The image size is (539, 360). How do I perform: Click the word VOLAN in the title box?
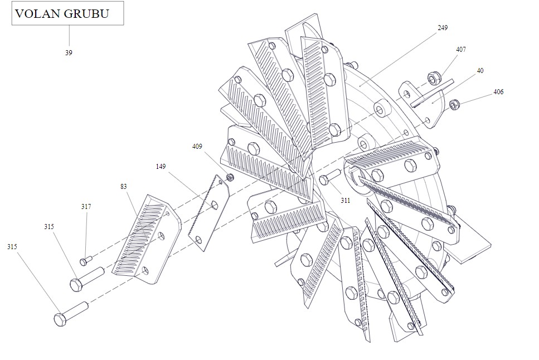37,14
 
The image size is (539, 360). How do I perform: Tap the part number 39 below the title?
69,53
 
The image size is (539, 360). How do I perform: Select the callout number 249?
443,27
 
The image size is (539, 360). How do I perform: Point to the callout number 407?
461,50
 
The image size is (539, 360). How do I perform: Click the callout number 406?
498,92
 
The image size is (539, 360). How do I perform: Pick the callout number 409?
197,147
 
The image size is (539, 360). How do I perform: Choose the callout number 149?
161,167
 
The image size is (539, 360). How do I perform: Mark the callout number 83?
124,187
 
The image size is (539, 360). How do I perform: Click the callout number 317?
86,207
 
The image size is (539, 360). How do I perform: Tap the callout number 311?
345,200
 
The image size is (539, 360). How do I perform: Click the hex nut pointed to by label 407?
433,77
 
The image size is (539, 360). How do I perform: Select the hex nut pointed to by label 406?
454,103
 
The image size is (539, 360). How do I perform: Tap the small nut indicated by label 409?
230,178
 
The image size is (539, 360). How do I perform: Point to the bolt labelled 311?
329,177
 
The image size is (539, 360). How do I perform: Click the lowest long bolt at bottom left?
71,313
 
